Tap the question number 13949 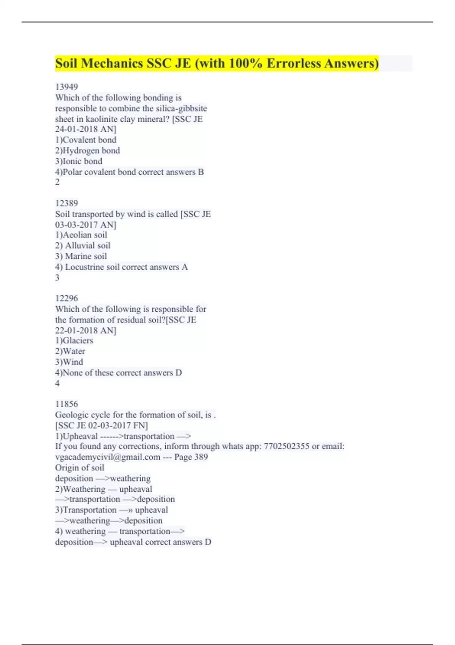click(66, 87)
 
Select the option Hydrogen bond click(91, 151)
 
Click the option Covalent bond click(89, 140)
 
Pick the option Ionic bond click(82, 161)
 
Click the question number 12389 click(66, 203)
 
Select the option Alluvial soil click(88, 245)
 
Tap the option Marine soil click(86, 256)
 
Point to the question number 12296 click(66, 298)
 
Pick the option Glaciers click(78, 341)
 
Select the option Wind click(73, 362)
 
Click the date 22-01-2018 click(76, 330)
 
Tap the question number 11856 click(66, 404)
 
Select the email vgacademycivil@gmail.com click(108, 457)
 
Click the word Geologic click(72, 415)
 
